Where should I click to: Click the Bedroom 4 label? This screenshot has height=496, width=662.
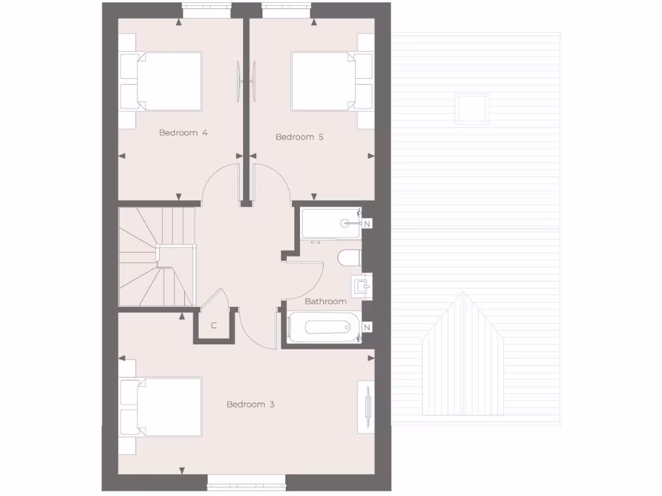[183, 133]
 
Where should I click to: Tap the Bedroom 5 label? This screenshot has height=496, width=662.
[299, 137]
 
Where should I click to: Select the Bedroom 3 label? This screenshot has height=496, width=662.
[250, 404]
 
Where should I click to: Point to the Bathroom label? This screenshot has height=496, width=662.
[325, 301]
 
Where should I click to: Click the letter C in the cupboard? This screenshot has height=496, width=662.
[213, 325]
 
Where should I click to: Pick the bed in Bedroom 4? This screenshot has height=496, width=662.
[162, 81]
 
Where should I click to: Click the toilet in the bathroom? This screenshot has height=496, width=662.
[350, 258]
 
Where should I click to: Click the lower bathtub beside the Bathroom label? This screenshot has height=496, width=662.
[323, 327]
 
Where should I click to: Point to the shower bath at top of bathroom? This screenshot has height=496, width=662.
[330, 223]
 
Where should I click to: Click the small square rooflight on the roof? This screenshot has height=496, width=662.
[472, 107]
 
